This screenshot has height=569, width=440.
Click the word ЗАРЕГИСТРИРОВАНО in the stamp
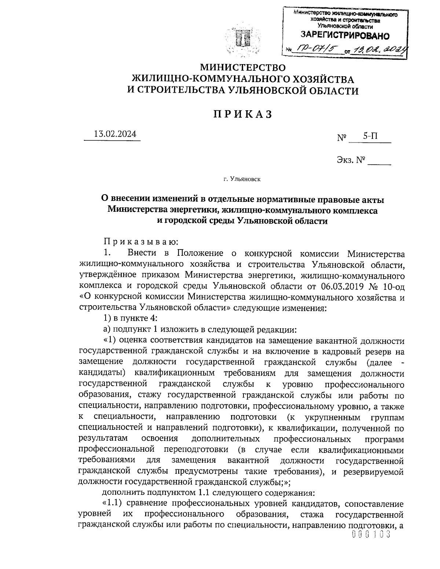coord(345,36)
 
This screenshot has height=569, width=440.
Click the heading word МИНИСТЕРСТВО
coord(242,68)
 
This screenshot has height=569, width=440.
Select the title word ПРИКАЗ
coord(242,114)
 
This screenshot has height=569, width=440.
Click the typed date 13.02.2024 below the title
coord(115,134)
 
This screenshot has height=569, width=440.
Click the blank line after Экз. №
coord(379,161)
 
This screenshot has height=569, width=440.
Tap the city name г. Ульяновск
coord(242,180)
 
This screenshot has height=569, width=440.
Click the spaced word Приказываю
coord(141,242)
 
